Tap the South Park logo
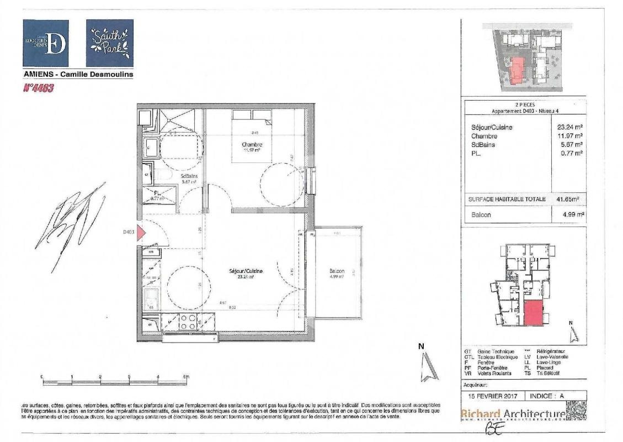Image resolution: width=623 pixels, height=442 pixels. [110, 43]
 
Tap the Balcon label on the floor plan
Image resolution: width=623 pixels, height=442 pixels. [337, 271]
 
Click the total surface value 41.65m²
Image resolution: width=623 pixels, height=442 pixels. [570, 199]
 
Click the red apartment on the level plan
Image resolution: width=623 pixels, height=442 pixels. [533, 313]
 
